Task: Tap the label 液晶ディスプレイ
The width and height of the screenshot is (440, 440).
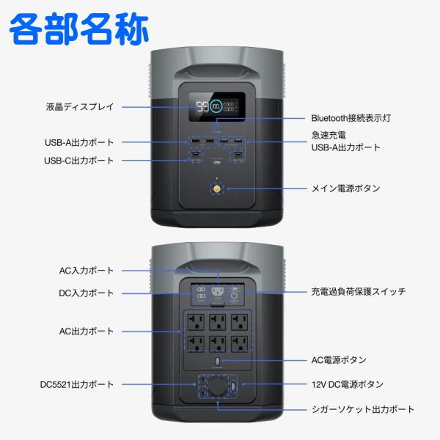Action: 80,107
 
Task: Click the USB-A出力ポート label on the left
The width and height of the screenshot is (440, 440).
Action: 78,142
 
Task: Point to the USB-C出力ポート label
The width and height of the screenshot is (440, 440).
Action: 78,161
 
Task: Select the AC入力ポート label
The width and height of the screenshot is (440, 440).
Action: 87,271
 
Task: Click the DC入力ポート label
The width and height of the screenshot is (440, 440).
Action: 87,293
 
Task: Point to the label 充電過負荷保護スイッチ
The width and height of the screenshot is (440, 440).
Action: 359,292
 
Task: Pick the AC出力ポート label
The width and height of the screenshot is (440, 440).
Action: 87,331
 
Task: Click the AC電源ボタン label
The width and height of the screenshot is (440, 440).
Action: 349,361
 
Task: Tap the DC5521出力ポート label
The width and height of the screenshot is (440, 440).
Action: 77,384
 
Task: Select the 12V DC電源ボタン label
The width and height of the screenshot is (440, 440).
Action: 347,384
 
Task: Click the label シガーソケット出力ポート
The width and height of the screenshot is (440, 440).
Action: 363,409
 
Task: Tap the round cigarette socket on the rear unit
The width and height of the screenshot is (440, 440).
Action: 217,386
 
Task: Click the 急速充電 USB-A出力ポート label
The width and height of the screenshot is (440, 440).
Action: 346,142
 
